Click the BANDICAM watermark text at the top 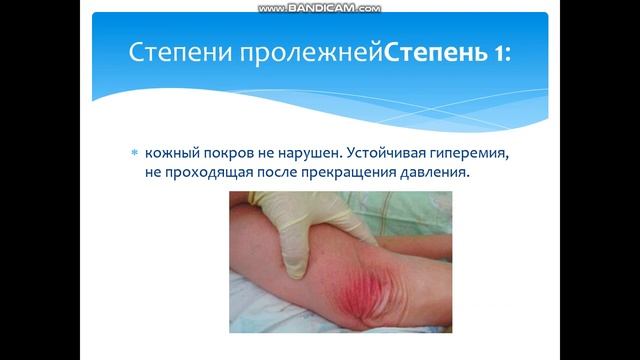tap(320, 7)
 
